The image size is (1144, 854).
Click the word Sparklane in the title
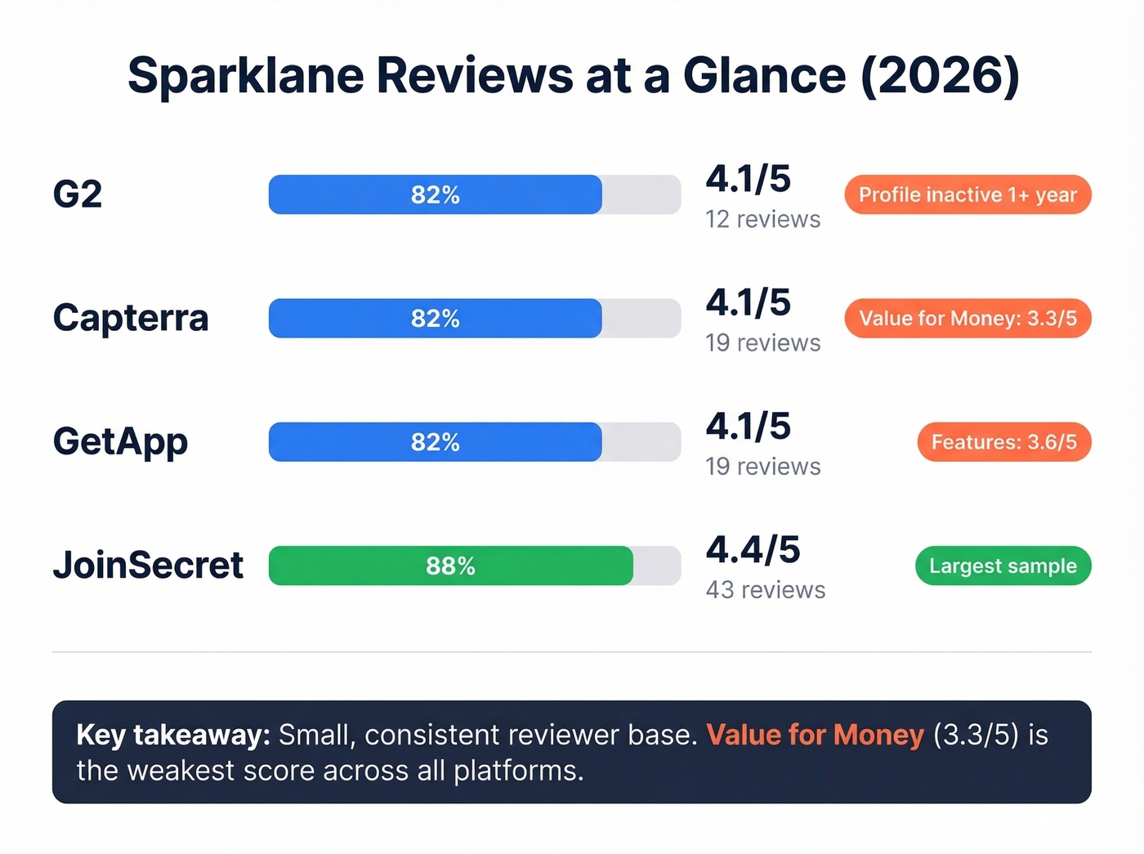(x=245, y=76)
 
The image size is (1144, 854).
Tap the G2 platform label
(x=78, y=194)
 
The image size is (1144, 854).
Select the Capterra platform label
(x=131, y=318)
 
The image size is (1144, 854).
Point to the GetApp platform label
(x=120, y=441)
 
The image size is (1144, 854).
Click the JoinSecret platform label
(x=148, y=566)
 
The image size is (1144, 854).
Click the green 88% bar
(x=450, y=566)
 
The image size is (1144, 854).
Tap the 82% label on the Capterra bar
(x=435, y=319)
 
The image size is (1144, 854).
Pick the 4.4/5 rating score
(x=753, y=550)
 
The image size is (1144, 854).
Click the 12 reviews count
(x=762, y=219)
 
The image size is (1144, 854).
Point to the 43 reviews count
(x=765, y=590)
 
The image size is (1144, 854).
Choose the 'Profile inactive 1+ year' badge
(x=967, y=194)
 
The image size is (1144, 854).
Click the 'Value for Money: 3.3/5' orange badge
(x=967, y=319)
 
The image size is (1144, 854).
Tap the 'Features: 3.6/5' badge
(x=1003, y=442)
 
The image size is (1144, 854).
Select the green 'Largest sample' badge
(x=1003, y=566)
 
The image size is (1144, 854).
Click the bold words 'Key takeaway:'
(x=172, y=735)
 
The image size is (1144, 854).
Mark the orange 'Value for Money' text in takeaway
(x=815, y=735)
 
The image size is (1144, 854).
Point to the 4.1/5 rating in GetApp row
(x=748, y=427)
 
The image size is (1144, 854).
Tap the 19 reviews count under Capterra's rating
(x=762, y=342)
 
